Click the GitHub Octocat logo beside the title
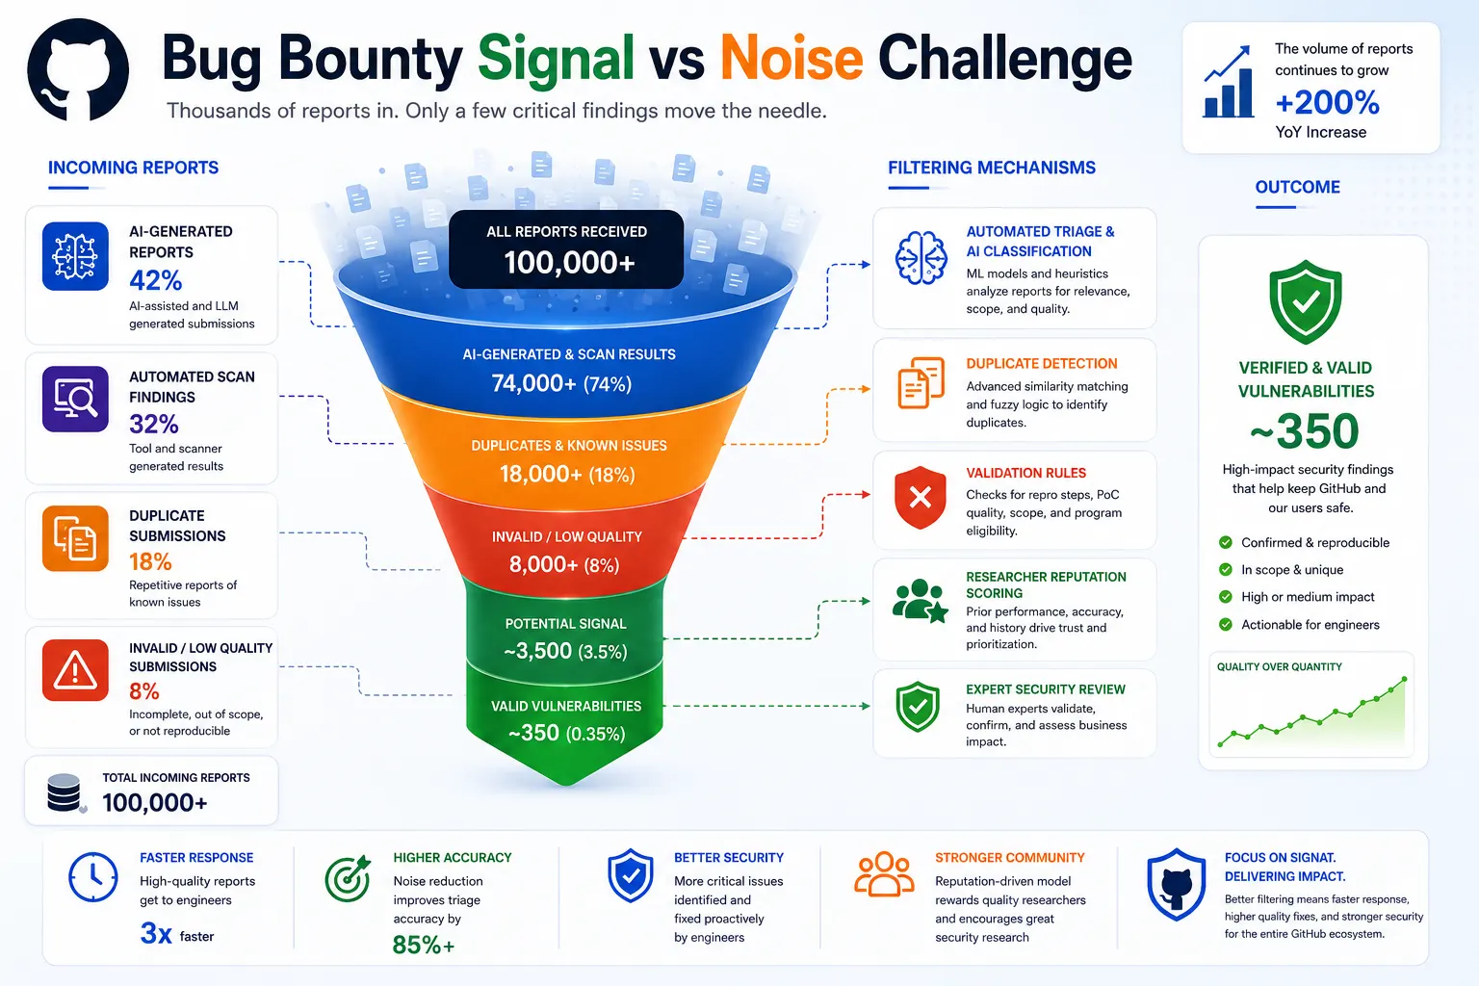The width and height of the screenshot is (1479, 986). pyautogui.click(x=78, y=70)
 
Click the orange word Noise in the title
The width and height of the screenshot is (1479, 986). pyautogui.click(x=791, y=59)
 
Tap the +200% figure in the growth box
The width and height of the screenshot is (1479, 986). pyautogui.click(x=1327, y=102)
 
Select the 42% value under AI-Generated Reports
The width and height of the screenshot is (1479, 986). pyautogui.click(x=156, y=280)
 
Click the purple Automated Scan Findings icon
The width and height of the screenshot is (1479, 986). pyautogui.click(x=75, y=400)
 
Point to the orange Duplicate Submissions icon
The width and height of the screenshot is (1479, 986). pyautogui.click(x=75, y=538)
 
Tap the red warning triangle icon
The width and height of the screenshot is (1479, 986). pyautogui.click(x=75, y=670)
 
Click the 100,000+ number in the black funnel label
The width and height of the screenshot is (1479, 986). pyautogui.click(x=569, y=263)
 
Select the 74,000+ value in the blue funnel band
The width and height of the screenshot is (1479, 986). pyautogui.click(x=533, y=383)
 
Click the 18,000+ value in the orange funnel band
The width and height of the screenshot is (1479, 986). pyautogui.click(x=541, y=474)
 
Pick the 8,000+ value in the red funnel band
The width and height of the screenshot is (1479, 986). pyautogui.click(x=543, y=564)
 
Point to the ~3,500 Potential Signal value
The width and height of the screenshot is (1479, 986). pyautogui.click(x=537, y=651)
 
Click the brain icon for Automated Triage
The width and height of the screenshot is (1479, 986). pyautogui.click(x=921, y=258)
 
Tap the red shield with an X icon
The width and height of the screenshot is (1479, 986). pyautogui.click(x=921, y=497)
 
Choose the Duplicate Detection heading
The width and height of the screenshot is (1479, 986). pyautogui.click(x=1042, y=364)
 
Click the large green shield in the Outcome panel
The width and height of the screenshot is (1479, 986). pyautogui.click(x=1306, y=301)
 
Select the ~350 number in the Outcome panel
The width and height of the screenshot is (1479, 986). pyautogui.click(x=1305, y=431)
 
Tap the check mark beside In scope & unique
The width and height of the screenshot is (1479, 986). pyautogui.click(x=1226, y=569)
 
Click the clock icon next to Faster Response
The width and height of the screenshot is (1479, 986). pyautogui.click(x=93, y=878)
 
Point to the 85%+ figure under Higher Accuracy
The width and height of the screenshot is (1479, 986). pyautogui.click(x=424, y=945)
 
